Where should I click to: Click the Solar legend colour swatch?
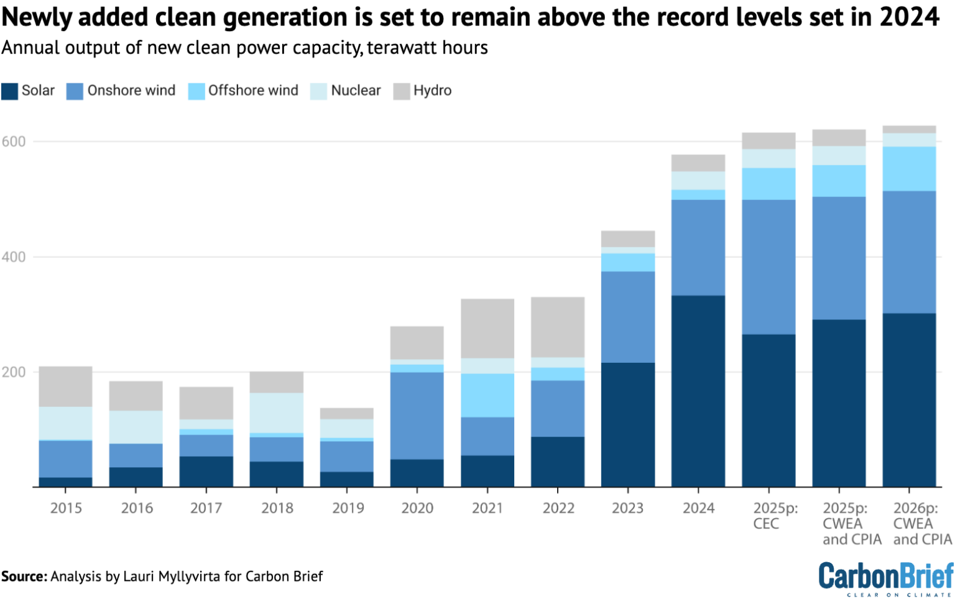[x=9, y=91]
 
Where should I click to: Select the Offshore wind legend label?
[x=253, y=91]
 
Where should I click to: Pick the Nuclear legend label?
[x=356, y=91]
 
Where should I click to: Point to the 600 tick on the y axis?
[x=14, y=142]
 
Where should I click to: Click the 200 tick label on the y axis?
[x=14, y=372]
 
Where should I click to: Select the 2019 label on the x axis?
[x=348, y=508]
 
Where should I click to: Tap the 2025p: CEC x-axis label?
[x=775, y=516]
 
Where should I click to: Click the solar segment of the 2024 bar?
[x=698, y=391]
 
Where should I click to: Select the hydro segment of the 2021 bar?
[x=487, y=329]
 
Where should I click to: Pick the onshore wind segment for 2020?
[x=417, y=416]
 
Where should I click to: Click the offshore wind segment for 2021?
[x=487, y=395]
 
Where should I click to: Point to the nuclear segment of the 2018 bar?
[x=277, y=413]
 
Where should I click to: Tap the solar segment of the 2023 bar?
[x=628, y=424]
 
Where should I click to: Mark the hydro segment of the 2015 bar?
[x=66, y=386]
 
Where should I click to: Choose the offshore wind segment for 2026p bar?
[x=909, y=169]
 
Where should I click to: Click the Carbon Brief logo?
[x=885, y=578]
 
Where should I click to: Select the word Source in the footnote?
[x=24, y=577]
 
